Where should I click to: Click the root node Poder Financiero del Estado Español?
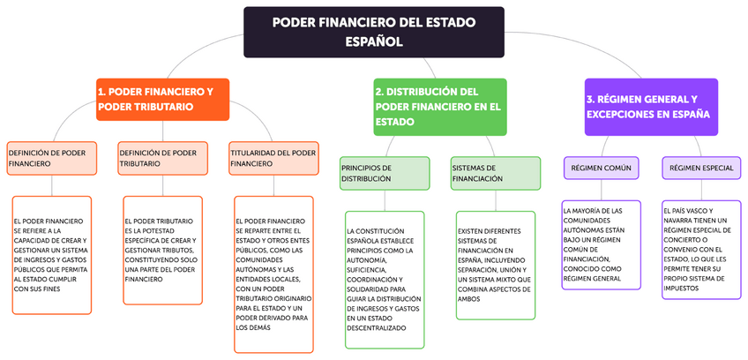[x=374, y=32]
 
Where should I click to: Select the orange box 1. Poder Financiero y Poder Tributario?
[x=162, y=99]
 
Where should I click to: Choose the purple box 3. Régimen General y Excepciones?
[x=650, y=107]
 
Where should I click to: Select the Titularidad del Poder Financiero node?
[x=273, y=158]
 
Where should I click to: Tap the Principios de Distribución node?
[x=385, y=173]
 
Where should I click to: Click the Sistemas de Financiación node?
[x=495, y=173]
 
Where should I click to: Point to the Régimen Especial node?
[x=701, y=168]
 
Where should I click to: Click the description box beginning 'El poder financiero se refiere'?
[x=51, y=254]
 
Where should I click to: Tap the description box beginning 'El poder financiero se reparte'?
[x=273, y=274]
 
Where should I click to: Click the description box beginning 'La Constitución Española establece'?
[x=385, y=279]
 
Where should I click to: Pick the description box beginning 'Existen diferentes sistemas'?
[x=495, y=265]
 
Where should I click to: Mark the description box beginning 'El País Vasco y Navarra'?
[x=701, y=250]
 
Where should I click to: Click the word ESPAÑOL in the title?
[x=374, y=41]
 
